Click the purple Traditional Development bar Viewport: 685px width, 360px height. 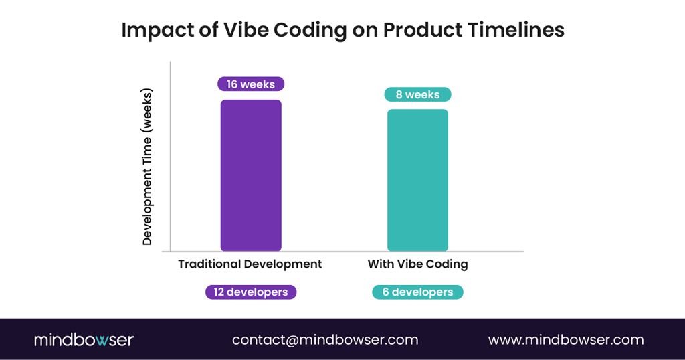tap(251, 175)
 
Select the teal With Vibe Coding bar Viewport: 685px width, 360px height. tap(417, 180)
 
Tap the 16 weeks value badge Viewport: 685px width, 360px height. tap(251, 84)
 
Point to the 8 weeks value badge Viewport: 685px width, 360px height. tap(417, 94)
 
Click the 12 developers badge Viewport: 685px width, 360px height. tap(251, 292)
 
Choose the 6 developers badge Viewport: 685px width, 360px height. tap(417, 292)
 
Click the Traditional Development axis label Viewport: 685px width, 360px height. tap(250, 264)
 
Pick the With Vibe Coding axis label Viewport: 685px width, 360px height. tap(417, 264)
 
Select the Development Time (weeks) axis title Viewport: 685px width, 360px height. tap(148, 167)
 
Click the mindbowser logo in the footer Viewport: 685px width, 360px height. tap(84, 340)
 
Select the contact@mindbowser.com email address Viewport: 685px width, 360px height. tap(325, 340)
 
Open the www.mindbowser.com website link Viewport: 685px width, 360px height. tap(566, 340)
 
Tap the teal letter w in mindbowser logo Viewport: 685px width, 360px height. tap(100, 341)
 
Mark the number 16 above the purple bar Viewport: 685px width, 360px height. tap(232, 84)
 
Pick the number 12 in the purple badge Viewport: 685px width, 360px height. tap(219, 292)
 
